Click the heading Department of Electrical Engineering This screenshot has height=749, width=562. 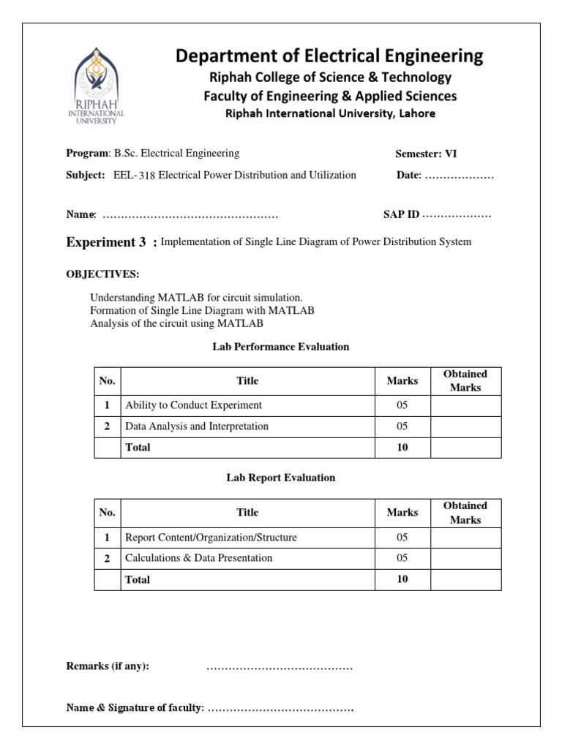329,56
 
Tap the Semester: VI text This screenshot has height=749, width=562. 426,154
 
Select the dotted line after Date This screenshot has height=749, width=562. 459,176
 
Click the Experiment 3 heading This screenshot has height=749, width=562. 107,242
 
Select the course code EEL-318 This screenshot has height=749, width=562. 135,176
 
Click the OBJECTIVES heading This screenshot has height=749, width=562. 102,274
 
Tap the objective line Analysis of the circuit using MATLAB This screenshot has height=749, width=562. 176,323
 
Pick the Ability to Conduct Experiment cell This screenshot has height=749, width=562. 193,405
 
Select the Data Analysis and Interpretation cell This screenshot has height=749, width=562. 197,426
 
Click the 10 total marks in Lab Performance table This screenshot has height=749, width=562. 402,448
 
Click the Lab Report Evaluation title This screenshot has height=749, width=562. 281,478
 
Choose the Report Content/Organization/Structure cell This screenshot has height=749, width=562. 211,538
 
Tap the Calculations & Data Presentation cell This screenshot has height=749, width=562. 198,558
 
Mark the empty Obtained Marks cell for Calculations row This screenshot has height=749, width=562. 465,558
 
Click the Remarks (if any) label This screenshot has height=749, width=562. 108,666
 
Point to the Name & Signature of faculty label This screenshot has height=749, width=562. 135,707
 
